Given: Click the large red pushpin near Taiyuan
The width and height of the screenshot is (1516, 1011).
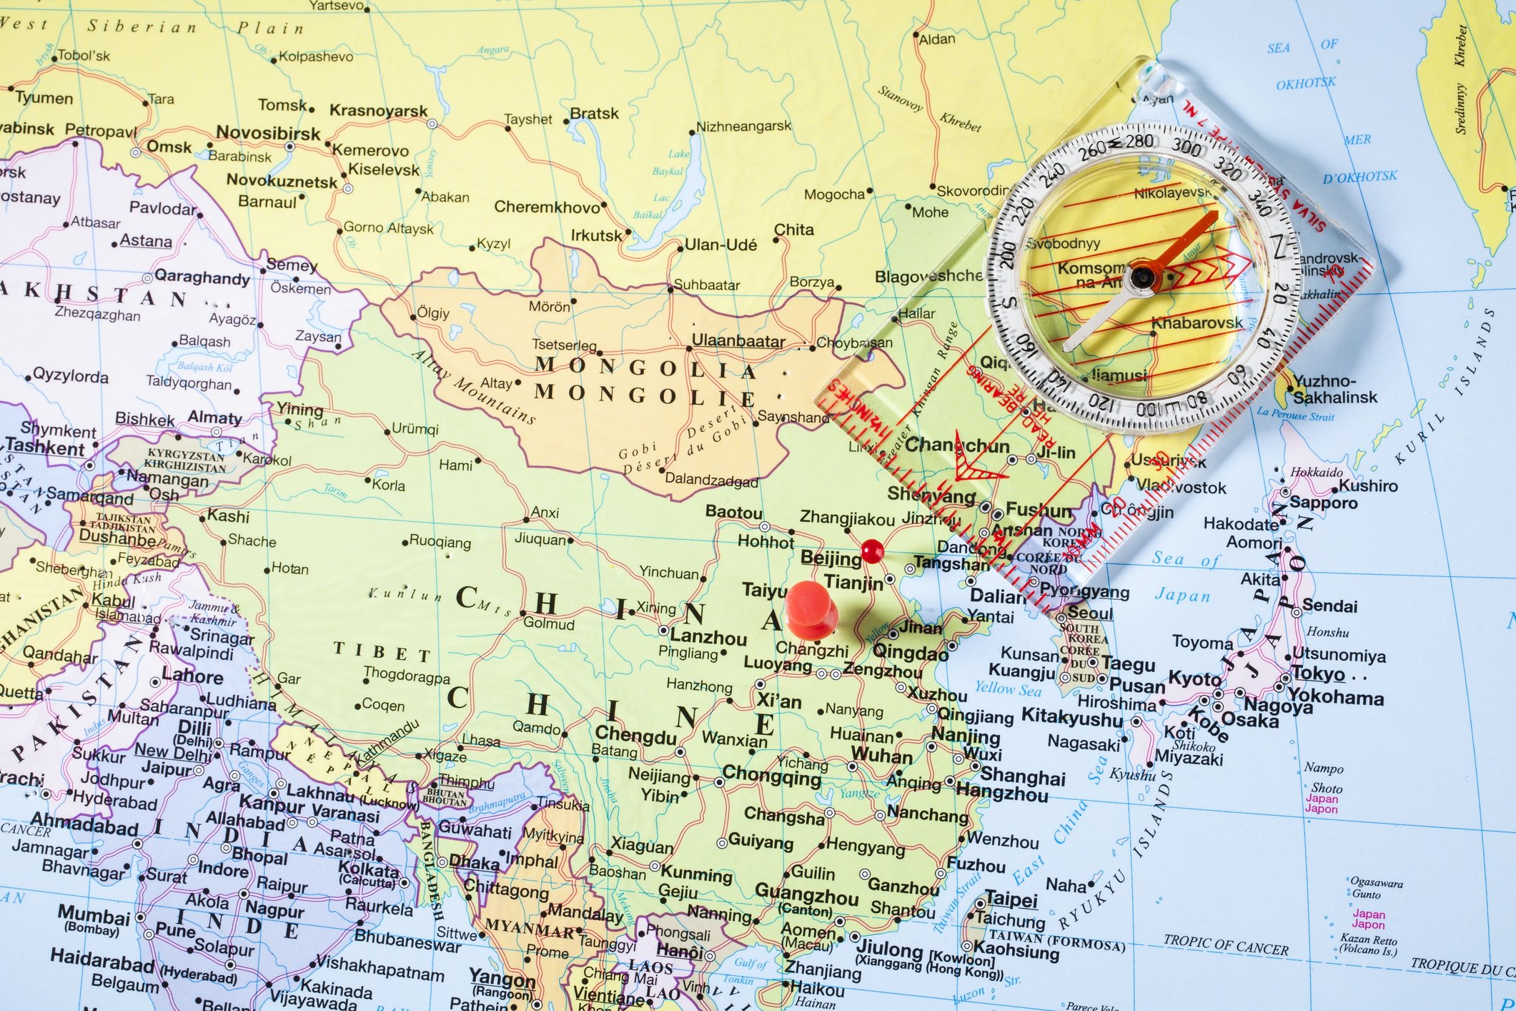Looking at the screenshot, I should [810, 608].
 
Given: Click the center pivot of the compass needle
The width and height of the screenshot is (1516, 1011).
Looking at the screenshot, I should [1139, 276].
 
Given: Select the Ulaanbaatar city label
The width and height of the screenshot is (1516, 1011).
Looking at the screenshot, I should [738, 341].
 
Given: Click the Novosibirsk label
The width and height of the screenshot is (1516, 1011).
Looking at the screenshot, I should [268, 133].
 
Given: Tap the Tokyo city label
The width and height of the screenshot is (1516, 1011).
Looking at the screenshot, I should [1319, 673].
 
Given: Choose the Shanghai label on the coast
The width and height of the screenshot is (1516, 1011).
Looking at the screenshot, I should [1023, 776].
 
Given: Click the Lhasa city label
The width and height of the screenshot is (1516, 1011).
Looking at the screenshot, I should [481, 741].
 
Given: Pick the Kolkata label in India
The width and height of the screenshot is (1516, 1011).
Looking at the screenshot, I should [368, 869].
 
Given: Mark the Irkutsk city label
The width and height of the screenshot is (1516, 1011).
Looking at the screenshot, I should [596, 235].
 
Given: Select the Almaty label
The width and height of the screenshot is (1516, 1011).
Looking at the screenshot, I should [214, 417].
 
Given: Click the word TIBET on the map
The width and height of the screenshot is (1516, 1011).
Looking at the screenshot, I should [382, 651].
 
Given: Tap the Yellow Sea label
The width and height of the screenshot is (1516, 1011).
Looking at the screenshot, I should [1008, 689].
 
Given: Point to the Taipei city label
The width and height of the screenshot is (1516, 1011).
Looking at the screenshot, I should [1011, 899].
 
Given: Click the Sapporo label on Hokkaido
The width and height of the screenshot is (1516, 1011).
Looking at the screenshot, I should [1323, 502].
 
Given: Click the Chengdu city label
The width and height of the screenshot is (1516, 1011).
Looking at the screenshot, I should [635, 734].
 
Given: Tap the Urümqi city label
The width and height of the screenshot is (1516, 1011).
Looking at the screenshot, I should [415, 429].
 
